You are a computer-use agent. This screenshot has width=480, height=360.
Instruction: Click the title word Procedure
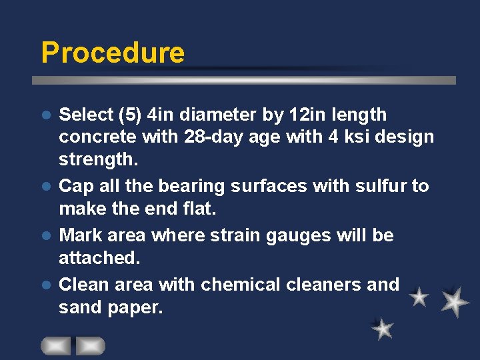pos(113,52)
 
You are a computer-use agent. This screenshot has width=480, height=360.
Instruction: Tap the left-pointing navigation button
pos(56,345)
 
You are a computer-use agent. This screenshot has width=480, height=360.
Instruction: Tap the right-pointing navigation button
pos(90,345)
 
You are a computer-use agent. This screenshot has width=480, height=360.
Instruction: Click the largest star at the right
pos(455,301)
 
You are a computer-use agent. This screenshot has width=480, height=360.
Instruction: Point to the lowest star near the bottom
pos(383,328)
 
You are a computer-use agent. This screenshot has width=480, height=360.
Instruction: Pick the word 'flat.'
pos(198,209)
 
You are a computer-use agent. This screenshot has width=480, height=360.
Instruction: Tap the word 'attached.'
pos(97,258)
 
